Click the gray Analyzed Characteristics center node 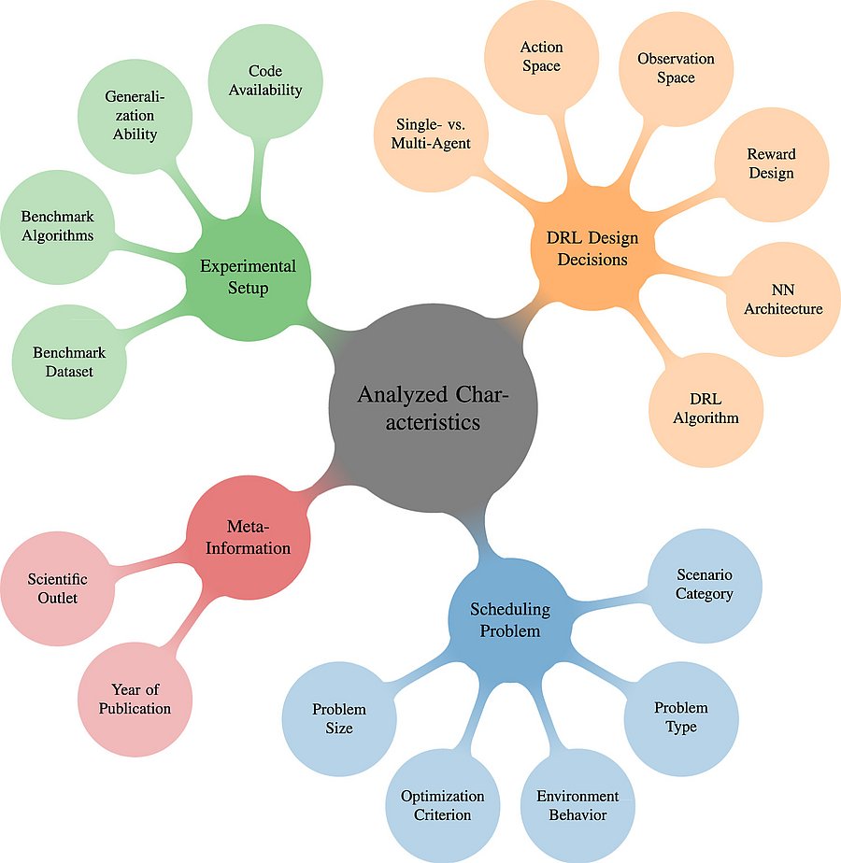433,409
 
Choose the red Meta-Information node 249,539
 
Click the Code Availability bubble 265,80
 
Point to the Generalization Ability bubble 131,115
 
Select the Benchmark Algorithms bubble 58,226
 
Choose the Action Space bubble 541,56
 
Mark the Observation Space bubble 676,68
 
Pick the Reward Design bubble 772,163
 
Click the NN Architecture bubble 783,299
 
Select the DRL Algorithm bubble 706,408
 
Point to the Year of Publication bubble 135,699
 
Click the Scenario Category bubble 705,585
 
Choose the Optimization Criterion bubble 443,805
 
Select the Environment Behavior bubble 577,805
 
